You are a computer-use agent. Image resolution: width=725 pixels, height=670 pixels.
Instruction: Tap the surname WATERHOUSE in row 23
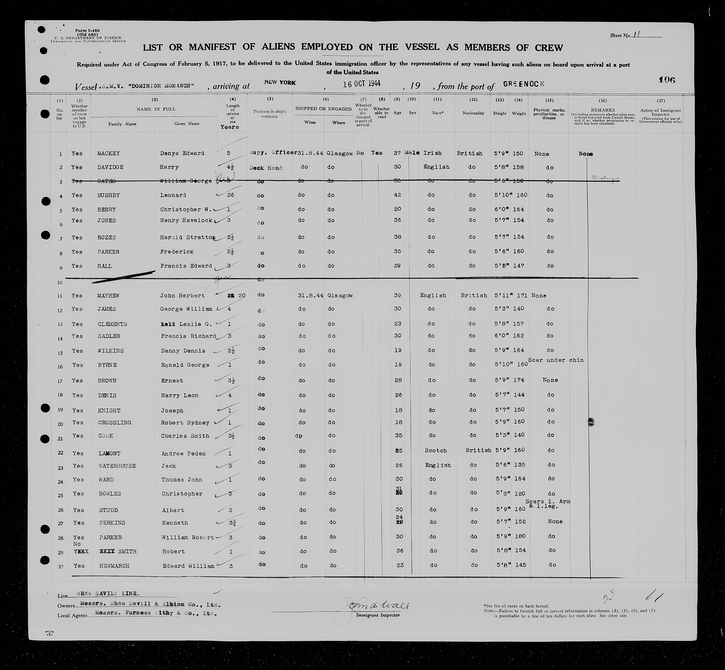point(117,466)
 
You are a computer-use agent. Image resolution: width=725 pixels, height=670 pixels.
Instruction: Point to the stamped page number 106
point(667,80)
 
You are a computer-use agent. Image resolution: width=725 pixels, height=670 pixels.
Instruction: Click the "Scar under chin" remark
point(556,360)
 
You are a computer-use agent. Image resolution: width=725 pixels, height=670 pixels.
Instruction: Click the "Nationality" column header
point(473,113)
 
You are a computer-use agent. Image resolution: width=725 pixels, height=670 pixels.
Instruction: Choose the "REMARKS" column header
point(603,110)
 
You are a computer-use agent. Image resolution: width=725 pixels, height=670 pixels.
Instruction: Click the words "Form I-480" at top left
point(87,31)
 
